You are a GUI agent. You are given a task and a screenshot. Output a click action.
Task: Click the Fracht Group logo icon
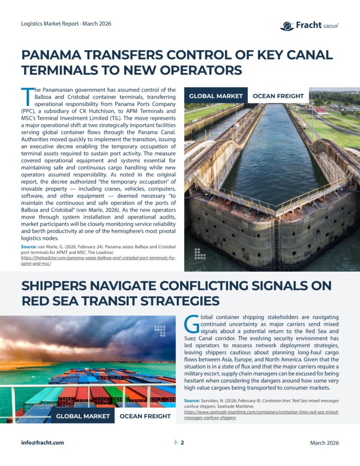pyautogui.click(x=287, y=26)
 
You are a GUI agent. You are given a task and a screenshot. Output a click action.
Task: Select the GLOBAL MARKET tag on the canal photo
pyautogui.click(x=216, y=96)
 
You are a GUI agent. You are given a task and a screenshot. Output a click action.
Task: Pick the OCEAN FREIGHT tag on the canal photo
pyautogui.click(x=278, y=96)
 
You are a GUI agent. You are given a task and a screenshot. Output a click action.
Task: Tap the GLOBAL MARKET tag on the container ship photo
pyautogui.click(x=82, y=416)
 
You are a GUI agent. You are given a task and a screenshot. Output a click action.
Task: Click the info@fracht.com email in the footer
pyautogui.click(x=42, y=442)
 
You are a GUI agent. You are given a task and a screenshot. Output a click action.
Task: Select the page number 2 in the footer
pyautogui.click(x=182, y=442)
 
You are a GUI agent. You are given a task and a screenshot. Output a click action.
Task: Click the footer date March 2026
pyautogui.click(x=324, y=443)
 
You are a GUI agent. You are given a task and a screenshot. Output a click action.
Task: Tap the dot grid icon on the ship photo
pyautogui.click(x=159, y=331)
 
